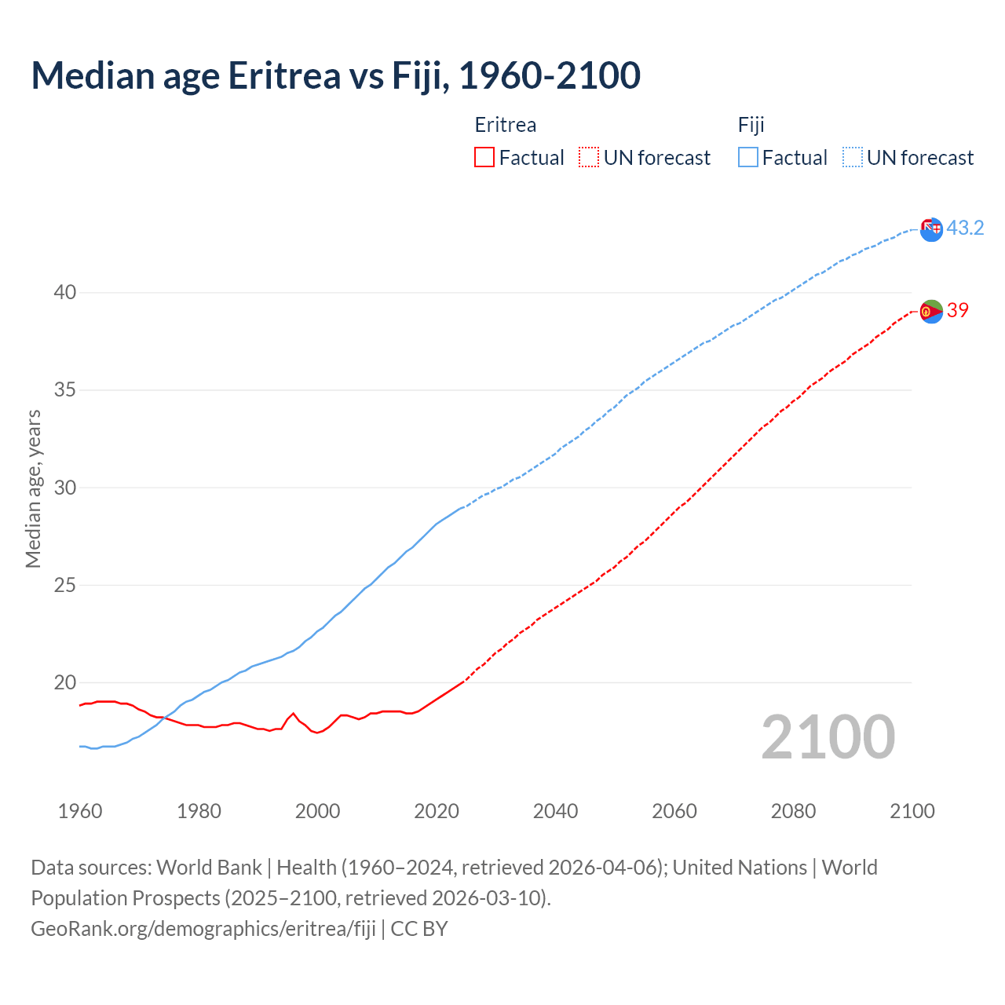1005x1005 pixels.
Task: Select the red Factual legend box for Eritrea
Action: [484, 158]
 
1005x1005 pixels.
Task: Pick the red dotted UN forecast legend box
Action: [589, 158]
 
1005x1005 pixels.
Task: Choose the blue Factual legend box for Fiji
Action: [748, 158]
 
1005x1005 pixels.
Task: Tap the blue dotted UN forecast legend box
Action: [853, 158]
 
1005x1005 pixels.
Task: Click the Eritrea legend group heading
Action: [506, 126]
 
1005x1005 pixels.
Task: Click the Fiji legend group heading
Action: [751, 126]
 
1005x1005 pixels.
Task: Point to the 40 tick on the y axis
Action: [65, 293]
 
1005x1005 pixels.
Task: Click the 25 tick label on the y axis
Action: [65, 586]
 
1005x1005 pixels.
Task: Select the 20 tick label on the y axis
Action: [65, 683]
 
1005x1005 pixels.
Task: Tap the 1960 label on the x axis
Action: [80, 811]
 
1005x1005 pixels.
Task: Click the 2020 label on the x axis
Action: [437, 811]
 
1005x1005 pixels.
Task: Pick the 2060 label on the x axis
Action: [674, 811]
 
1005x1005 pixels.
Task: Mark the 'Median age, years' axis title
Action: [34, 488]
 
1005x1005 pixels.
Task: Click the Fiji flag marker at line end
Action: [931, 230]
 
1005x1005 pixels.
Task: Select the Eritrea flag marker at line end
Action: [931, 312]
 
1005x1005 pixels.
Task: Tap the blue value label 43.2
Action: [965, 228]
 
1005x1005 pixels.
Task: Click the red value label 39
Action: [958, 311]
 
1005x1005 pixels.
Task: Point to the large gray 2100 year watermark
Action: [828, 737]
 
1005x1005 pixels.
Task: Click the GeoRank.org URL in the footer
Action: [203, 929]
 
